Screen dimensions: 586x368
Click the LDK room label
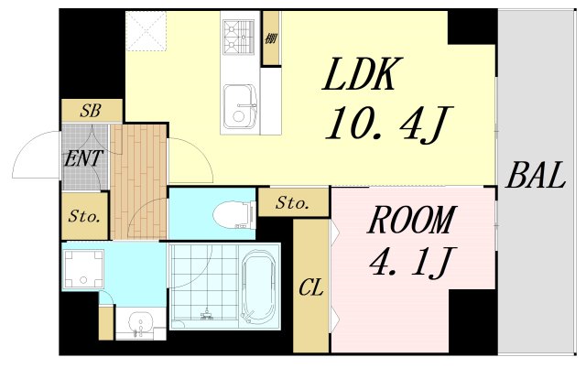[363, 74]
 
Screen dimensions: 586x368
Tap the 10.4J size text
[388, 124]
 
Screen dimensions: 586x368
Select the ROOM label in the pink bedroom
[411, 220]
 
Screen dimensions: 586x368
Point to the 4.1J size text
[410, 262]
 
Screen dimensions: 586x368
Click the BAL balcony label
[535, 175]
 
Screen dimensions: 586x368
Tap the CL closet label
[311, 288]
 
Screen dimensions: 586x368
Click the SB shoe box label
[91, 111]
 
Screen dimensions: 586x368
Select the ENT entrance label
[83, 158]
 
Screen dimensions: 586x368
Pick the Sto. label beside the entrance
[84, 216]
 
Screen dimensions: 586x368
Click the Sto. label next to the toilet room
[293, 203]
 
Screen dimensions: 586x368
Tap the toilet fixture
[234, 214]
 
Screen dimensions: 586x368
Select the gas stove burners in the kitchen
[239, 35]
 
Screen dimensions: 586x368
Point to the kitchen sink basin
[240, 106]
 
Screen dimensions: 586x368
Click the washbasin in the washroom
[140, 322]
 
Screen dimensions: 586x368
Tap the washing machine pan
[83, 269]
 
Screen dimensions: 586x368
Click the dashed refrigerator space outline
[146, 30]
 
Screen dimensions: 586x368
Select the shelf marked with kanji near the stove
[271, 38]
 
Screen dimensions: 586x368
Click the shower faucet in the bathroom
[206, 315]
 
